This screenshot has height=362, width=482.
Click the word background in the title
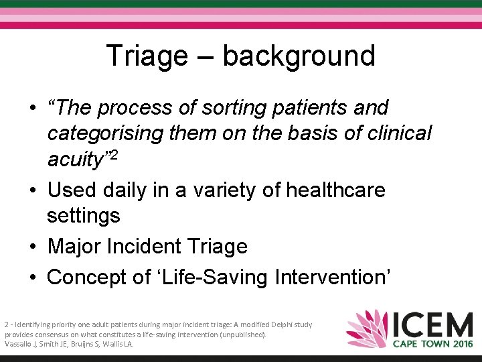coord(299,56)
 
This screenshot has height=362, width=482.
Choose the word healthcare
coord(335,190)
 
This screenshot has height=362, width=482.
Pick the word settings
coord(84,216)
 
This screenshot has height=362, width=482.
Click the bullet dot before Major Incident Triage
coord(32,247)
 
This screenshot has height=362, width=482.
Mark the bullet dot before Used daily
coord(32,190)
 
